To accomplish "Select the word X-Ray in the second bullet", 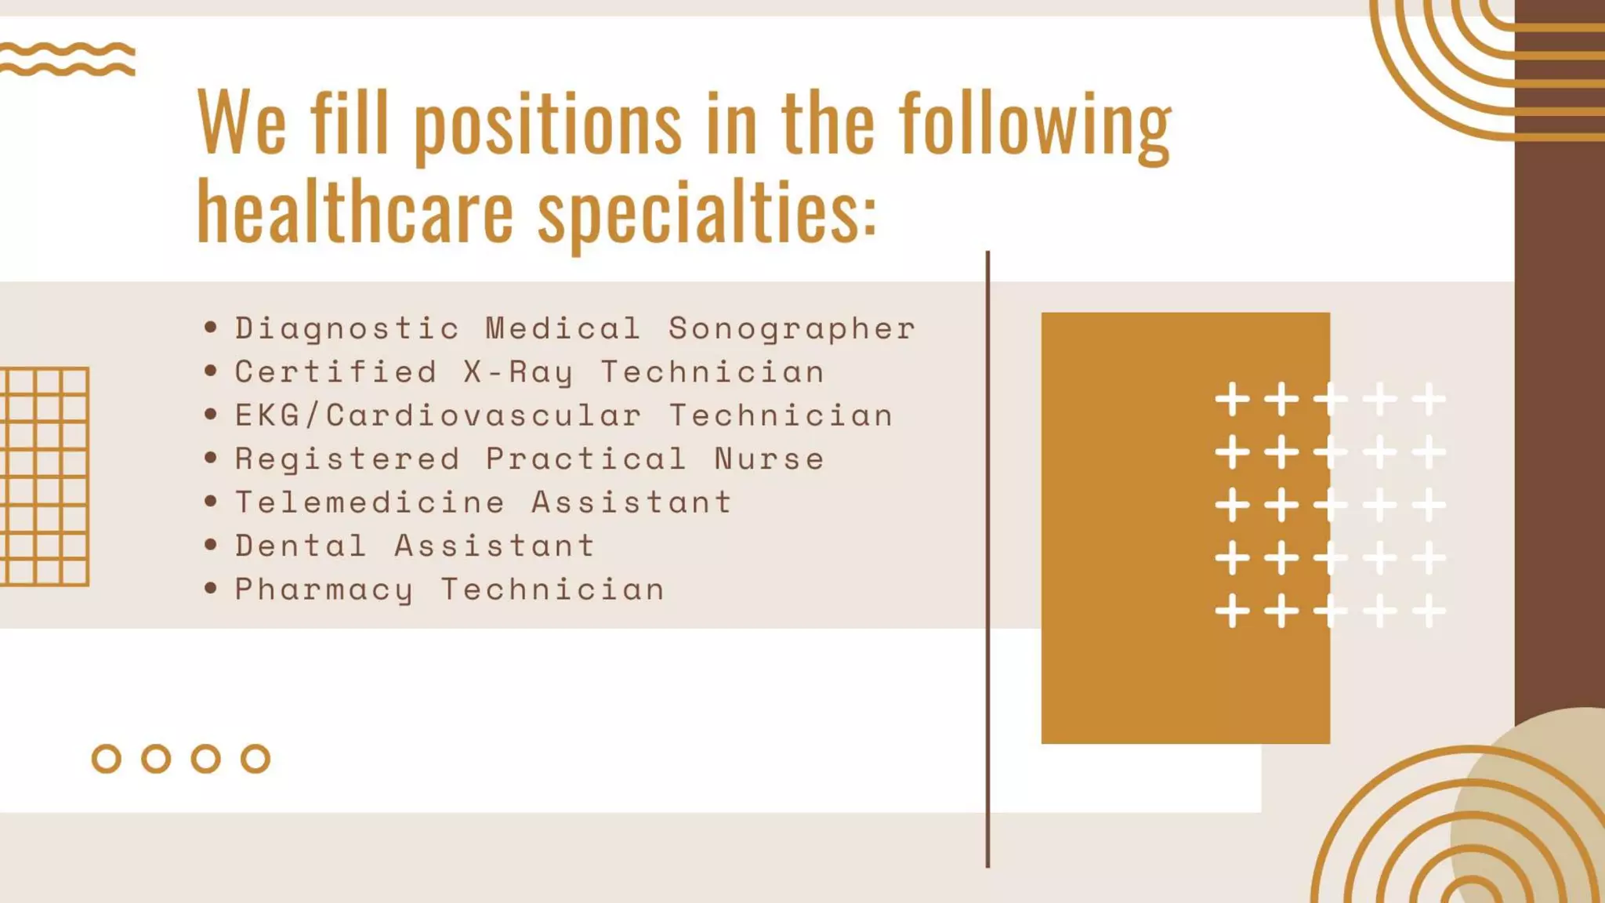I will pyautogui.click(x=518, y=372).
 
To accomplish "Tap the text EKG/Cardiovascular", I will pyautogui.click(x=438, y=415).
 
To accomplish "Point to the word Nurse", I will pyautogui.click(x=769, y=459).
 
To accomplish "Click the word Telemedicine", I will pyautogui.click(x=370, y=502).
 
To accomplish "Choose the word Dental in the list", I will pyautogui.click(x=301, y=546).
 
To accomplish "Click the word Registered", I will pyautogui.click(x=347, y=459).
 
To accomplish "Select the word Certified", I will pyautogui.click(x=335, y=372).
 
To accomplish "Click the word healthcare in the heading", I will pyautogui.click(x=355, y=210).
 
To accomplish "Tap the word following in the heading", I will pyautogui.click(x=1034, y=124).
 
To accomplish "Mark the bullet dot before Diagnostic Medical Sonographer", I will pyautogui.click(x=210, y=327).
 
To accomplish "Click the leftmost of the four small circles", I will pyautogui.click(x=107, y=759).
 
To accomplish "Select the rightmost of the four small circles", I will pyautogui.click(x=255, y=759).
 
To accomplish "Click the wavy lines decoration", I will pyautogui.click(x=67, y=59).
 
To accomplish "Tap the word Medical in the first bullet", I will pyautogui.click(x=563, y=328).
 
